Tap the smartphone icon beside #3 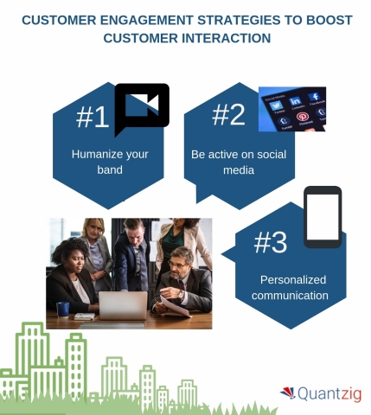pos(322,216)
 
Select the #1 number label pos(93,118)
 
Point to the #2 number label pos(229,115)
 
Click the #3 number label pos(271,243)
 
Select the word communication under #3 pos(295,296)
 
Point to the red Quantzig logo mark pos(287,393)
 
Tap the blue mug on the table pos(63,309)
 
